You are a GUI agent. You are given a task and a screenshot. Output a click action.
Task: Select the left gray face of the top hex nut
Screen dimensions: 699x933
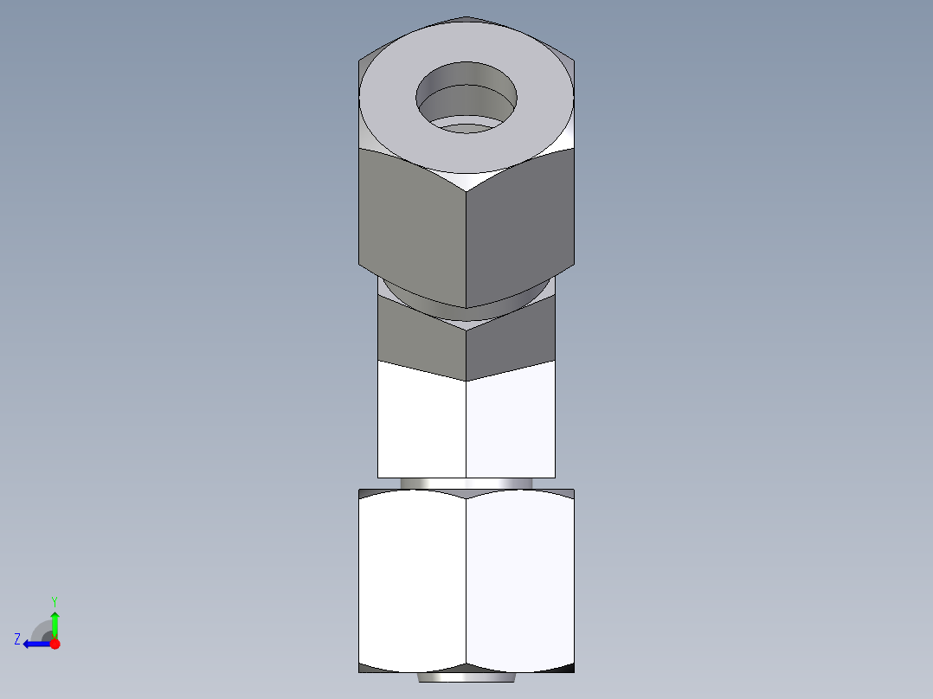pos(412,225)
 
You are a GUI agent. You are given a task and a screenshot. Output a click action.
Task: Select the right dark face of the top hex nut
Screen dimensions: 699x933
pos(519,225)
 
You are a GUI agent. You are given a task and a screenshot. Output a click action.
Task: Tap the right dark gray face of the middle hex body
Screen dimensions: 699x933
pos(511,342)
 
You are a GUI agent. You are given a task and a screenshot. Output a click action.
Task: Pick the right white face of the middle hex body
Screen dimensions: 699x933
pos(511,420)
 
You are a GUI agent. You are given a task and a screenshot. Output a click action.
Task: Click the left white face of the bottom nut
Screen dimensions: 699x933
pos(412,580)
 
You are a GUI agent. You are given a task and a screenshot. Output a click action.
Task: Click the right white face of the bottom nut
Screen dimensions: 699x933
pos(519,580)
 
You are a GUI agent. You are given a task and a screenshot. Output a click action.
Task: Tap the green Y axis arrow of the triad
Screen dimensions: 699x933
pos(55,621)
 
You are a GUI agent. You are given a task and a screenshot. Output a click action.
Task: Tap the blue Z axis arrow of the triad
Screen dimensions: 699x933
pos(35,644)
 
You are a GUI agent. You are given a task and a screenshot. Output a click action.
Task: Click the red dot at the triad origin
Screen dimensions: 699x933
pos(55,644)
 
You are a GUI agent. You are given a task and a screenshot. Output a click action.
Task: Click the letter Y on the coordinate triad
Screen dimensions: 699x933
pos(54,600)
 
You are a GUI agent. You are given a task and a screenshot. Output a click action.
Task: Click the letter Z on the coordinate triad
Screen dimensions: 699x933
pos(17,639)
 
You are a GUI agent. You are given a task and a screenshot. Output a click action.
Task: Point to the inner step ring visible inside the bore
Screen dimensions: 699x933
pos(467,128)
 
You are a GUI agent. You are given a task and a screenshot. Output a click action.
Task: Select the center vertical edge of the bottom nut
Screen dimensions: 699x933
pos(466,580)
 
